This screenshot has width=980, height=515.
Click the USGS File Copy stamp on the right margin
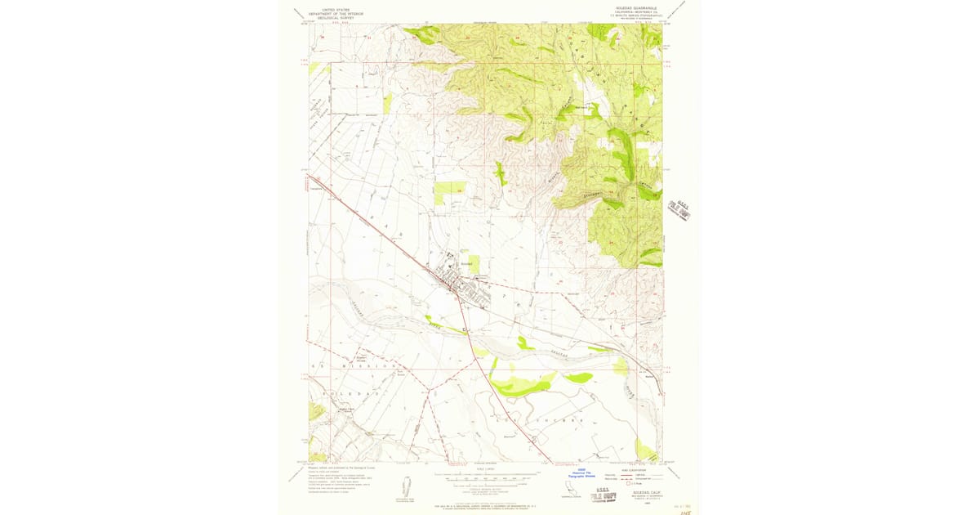(679, 209)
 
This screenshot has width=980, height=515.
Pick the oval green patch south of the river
(578, 377)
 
